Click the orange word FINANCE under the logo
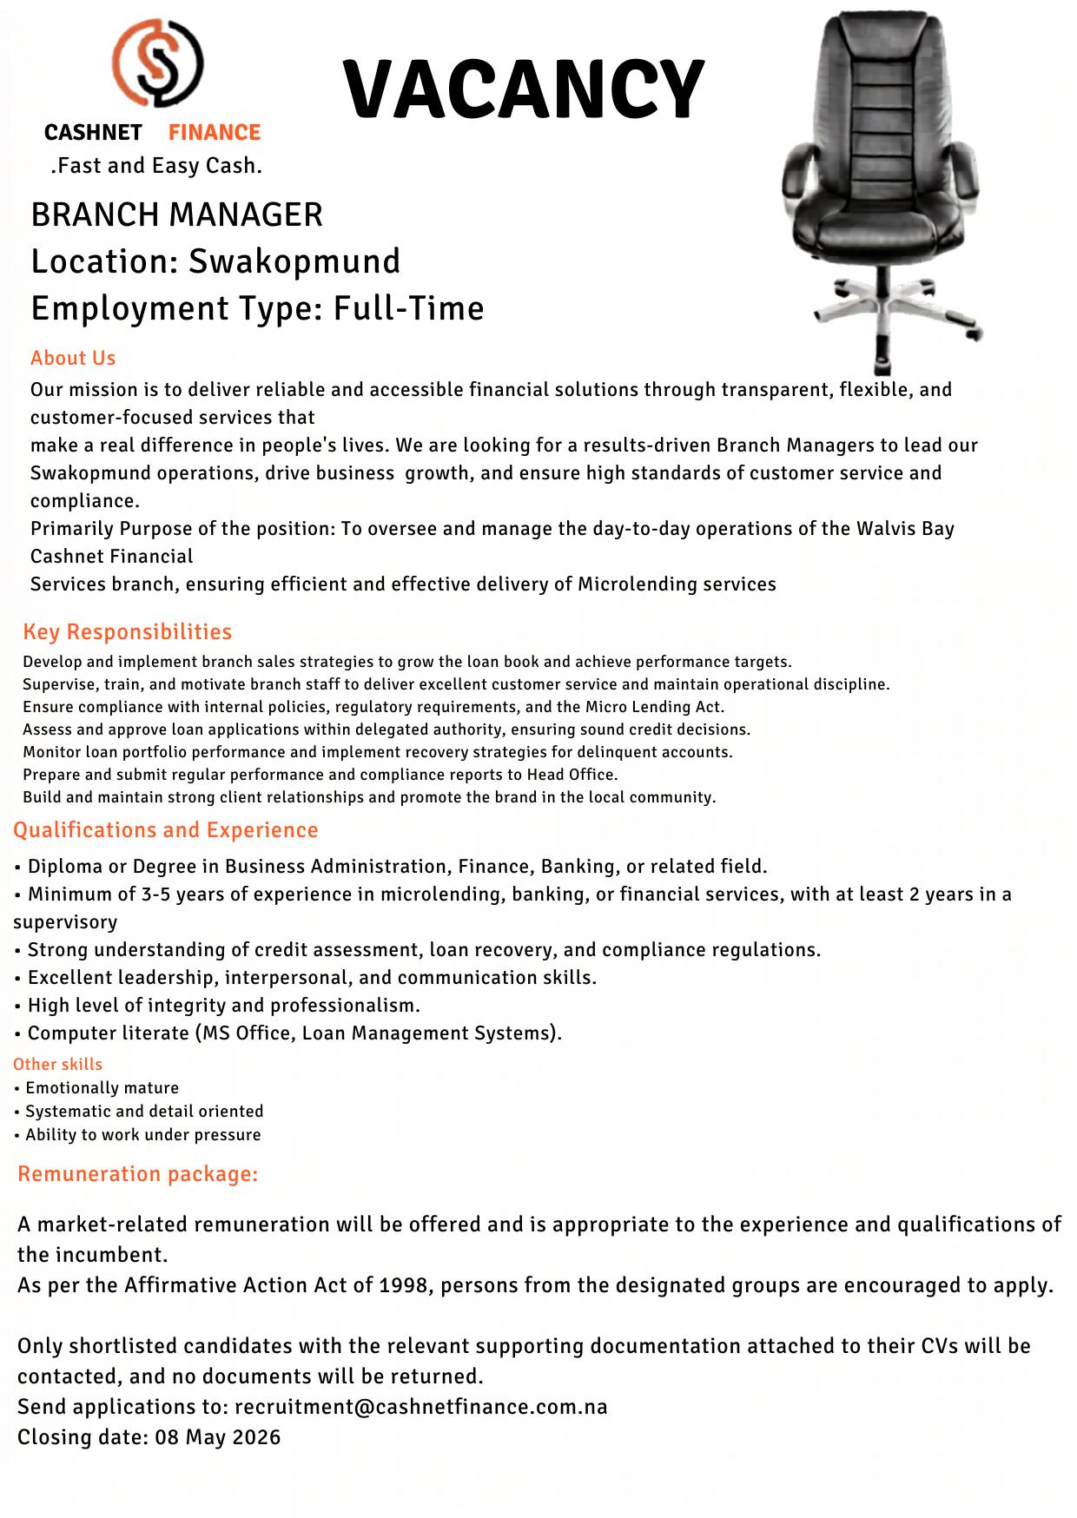click(215, 132)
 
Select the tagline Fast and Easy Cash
click(156, 165)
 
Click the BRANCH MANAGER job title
click(176, 214)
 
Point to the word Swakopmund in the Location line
click(294, 261)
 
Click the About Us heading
click(73, 358)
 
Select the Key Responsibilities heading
click(127, 631)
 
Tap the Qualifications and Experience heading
click(165, 829)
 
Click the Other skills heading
click(57, 1064)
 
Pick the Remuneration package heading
click(137, 1173)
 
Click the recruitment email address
click(420, 1406)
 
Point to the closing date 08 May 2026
click(218, 1436)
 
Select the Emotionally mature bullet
click(102, 1087)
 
